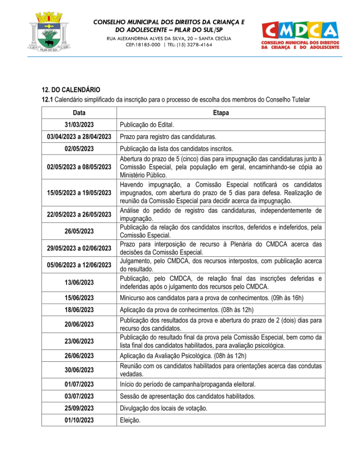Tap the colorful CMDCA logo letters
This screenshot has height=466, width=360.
[300, 31]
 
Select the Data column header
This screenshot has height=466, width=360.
[79, 112]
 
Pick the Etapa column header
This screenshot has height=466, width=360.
[221, 112]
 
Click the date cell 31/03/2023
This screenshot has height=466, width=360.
[79, 125]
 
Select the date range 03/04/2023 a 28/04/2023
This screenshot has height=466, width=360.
[79, 137]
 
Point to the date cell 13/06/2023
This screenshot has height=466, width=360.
[79, 283]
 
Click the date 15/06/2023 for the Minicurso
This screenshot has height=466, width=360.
[79, 298]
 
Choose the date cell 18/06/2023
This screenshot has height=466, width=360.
[79, 310]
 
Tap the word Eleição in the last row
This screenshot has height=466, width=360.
[130, 420]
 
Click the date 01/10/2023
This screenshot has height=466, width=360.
[79, 420]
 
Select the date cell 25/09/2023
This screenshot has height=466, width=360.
[79, 408]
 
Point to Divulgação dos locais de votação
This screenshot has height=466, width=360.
[164, 408]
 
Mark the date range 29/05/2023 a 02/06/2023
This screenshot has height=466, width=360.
[79, 248]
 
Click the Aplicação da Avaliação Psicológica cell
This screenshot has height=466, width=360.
[183, 356]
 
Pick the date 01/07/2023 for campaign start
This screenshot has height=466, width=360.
[79, 384]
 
